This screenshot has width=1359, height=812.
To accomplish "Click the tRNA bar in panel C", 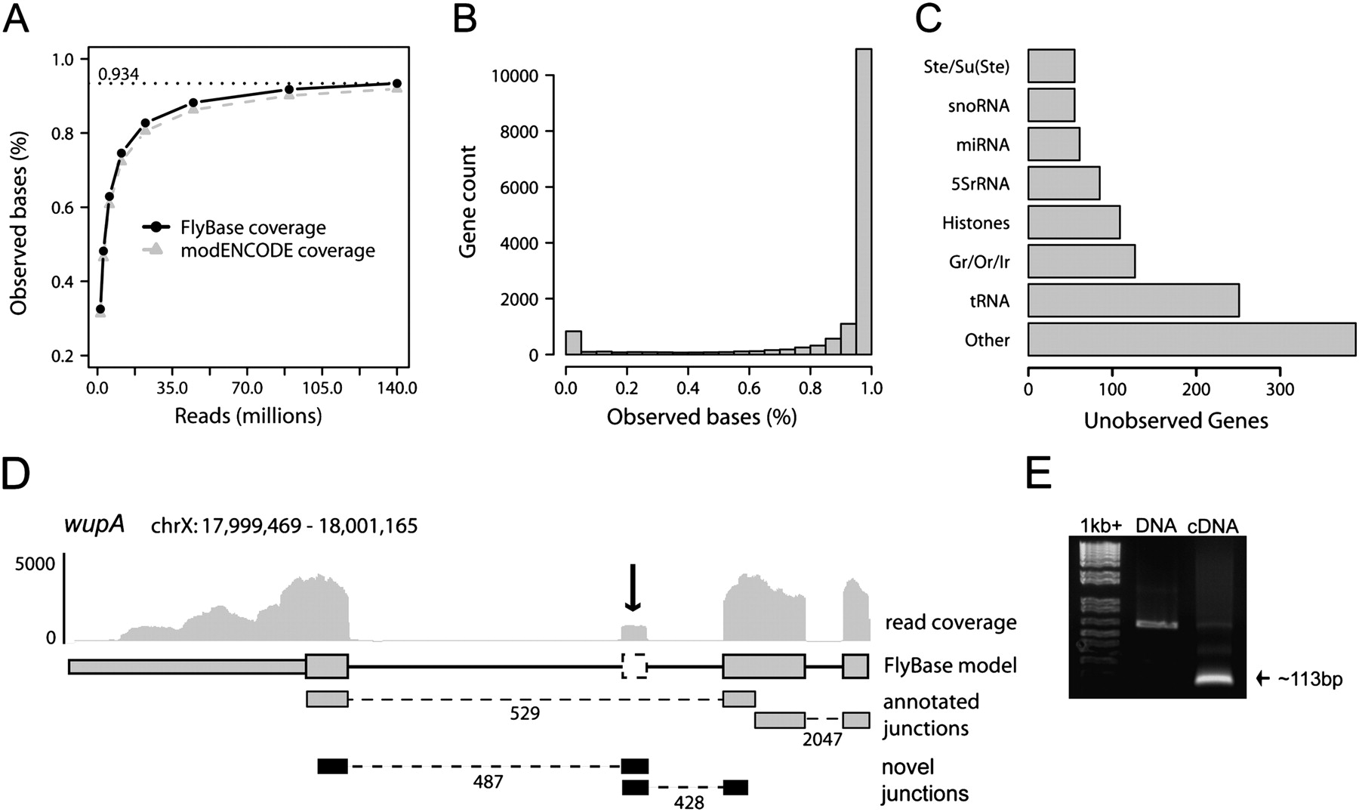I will tap(1132, 300).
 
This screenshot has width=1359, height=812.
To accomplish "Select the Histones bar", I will tap(1074, 222).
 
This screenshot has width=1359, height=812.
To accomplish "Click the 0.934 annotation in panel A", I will tap(119, 74).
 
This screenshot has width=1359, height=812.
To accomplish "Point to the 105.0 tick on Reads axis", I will tap(322, 388).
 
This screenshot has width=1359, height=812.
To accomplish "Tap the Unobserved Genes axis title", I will tap(1176, 421).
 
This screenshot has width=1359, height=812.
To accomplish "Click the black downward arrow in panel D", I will tap(633, 587).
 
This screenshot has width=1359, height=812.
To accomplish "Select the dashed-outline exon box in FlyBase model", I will tap(634, 665).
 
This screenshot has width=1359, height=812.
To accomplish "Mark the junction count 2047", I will tap(822, 739).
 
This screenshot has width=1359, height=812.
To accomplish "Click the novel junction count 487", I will tap(488, 782).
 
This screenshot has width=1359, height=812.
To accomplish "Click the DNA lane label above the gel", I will tap(1156, 526).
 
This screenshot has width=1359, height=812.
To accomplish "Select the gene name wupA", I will tap(94, 524).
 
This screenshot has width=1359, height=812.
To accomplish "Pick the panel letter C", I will tap(928, 19).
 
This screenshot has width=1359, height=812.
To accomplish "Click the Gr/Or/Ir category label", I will tap(979, 262).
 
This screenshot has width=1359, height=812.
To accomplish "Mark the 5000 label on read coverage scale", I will tap(35, 564).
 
